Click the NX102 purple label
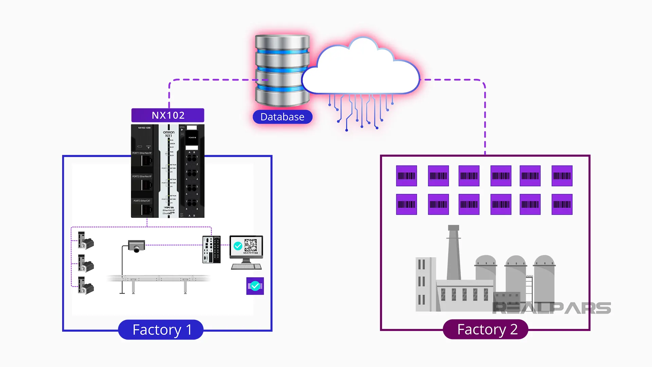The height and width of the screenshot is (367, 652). (x=168, y=116)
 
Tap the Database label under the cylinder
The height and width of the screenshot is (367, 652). (x=282, y=117)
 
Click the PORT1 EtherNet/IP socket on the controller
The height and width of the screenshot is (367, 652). (x=146, y=160)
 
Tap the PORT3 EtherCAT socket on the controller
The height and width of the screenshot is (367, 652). (x=146, y=209)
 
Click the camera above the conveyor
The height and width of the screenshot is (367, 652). (x=137, y=246)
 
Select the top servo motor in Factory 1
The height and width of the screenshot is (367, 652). (x=86, y=241)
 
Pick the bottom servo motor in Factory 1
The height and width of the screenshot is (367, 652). (x=86, y=285)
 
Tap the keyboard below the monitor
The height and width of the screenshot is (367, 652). (x=246, y=267)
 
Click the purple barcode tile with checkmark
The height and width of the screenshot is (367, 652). (x=255, y=286)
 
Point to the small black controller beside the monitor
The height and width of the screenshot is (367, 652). (x=212, y=249)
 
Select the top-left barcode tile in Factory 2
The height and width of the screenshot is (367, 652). (x=406, y=176)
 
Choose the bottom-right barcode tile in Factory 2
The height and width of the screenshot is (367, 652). (x=562, y=204)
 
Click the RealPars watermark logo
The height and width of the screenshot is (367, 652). (x=551, y=308)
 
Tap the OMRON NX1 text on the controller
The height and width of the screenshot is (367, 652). (x=169, y=134)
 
